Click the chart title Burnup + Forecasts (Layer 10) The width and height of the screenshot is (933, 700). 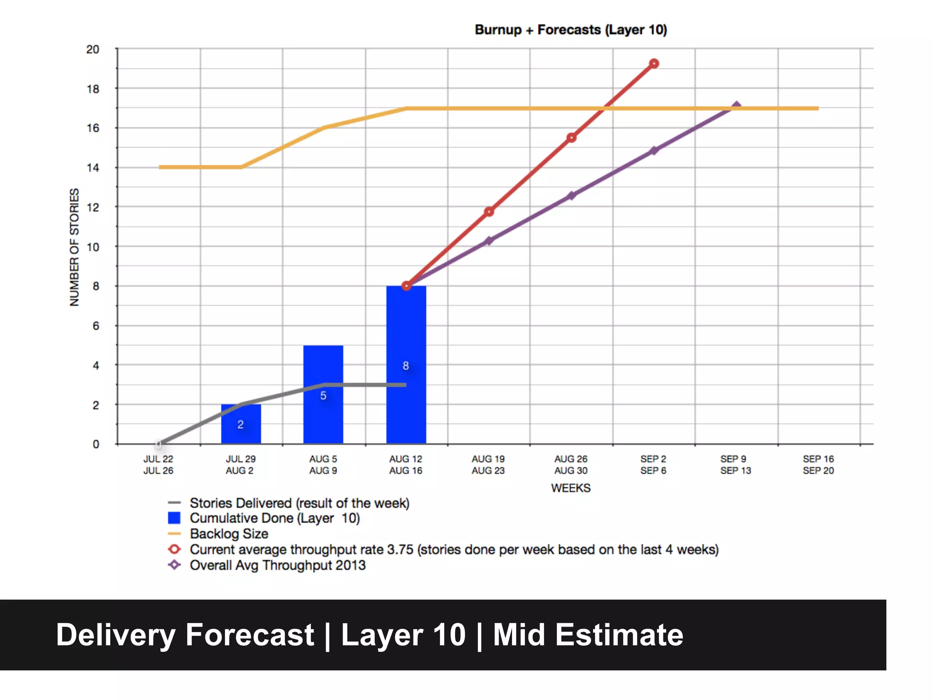point(570,30)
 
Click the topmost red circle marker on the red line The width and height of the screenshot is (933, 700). point(654,63)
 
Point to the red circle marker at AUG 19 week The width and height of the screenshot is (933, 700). point(489,211)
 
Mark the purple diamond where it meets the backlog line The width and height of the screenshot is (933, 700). point(736,107)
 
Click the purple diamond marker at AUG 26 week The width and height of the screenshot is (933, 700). point(571,196)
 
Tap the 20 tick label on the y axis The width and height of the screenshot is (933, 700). point(93,49)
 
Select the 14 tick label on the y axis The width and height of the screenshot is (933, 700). point(93,168)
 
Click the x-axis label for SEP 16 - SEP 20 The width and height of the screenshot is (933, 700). point(818,465)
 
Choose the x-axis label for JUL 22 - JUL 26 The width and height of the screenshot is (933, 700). point(158,465)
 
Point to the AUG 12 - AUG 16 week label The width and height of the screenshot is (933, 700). point(405,465)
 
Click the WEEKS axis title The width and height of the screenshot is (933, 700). point(570,488)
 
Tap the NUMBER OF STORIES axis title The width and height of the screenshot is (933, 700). point(74,247)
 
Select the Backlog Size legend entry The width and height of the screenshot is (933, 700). point(229,534)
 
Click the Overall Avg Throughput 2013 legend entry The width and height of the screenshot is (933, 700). point(277,565)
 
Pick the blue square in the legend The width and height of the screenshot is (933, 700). point(174,518)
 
